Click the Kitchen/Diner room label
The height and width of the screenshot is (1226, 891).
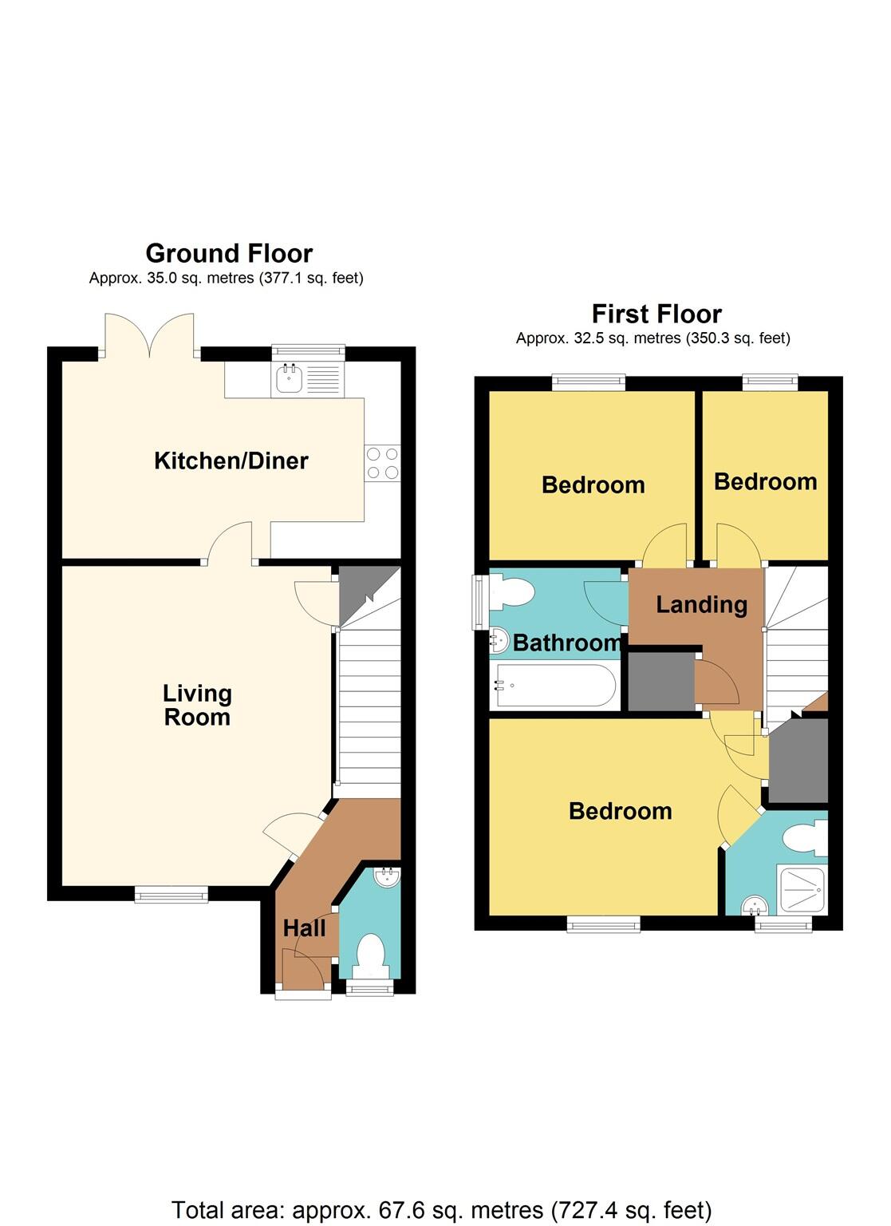point(231,461)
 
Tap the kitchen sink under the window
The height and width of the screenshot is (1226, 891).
point(288,380)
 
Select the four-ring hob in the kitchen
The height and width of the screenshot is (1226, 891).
point(382,462)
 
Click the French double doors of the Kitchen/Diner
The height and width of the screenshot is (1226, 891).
point(148,335)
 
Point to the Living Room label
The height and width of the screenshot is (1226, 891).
point(197,705)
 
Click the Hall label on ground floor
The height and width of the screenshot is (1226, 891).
point(304,928)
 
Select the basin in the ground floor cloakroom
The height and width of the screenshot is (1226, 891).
point(388,878)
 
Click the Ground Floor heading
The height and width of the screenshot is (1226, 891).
point(229,253)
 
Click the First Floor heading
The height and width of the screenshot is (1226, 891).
point(656,314)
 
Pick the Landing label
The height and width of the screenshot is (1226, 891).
point(701,604)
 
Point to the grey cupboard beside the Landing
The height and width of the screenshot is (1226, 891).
point(660,682)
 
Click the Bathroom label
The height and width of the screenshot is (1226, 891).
point(567,643)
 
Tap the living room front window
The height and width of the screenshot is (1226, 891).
point(171,896)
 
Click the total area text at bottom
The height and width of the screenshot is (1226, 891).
point(441,1210)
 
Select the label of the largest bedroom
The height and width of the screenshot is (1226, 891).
point(620,811)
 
